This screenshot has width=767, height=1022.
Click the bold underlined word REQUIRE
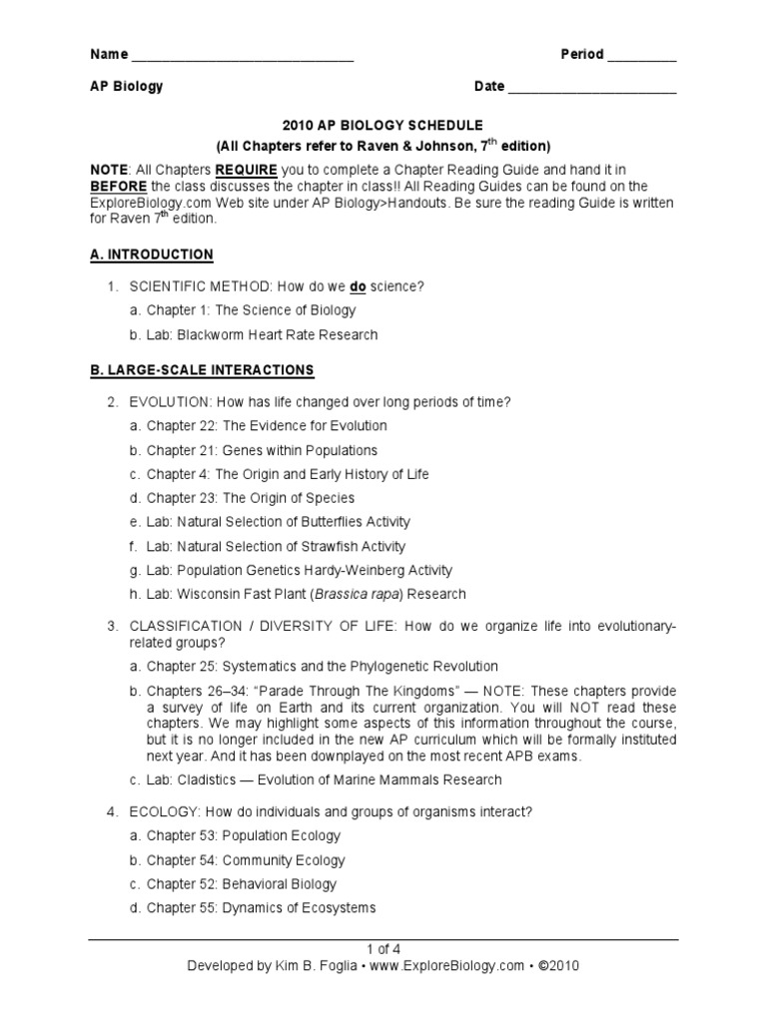click(x=243, y=171)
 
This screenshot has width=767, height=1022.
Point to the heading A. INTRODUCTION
click(x=151, y=255)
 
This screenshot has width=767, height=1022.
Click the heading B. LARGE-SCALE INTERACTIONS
click(x=202, y=370)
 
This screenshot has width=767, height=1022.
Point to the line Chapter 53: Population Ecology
click(x=244, y=835)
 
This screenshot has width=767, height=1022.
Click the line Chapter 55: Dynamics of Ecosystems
click(x=261, y=907)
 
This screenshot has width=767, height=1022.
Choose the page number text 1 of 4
click(x=383, y=949)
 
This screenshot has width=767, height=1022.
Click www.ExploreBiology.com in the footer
click(x=441, y=966)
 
